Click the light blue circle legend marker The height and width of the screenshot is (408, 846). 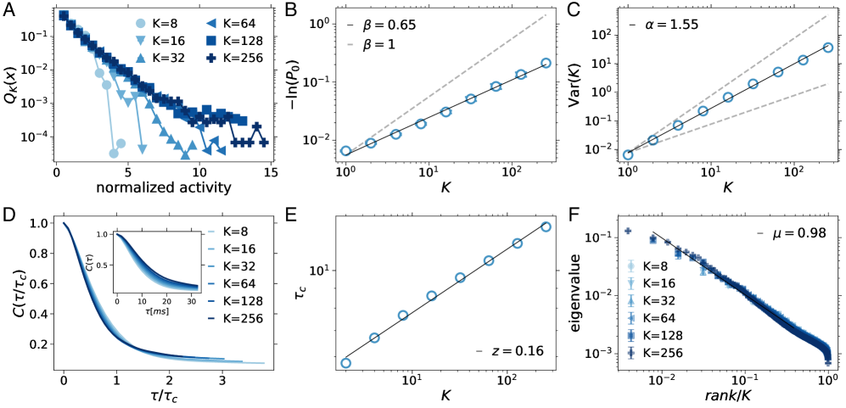point(141,24)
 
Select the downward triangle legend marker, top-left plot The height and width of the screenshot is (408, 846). point(141,41)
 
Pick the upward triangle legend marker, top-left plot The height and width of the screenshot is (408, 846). point(141,58)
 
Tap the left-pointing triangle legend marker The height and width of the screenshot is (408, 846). point(210,24)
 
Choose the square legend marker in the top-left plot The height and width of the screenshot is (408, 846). point(210,41)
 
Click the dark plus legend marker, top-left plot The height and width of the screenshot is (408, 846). point(210,58)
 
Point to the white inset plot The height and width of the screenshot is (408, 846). point(157,262)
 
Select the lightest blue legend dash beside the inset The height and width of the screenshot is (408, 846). point(210,232)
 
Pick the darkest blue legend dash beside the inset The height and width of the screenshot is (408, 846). point(210,319)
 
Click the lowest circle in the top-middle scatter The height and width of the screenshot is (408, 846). point(345,151)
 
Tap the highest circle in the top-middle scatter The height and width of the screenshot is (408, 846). point(546,63)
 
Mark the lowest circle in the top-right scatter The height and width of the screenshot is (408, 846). point(628,155)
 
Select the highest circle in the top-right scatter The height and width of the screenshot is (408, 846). point(828,48)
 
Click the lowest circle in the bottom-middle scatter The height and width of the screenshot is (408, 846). point(345,363)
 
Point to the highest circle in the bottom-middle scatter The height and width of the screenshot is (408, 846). point(546,226)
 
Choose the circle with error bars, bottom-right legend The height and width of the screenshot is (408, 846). point(630,265)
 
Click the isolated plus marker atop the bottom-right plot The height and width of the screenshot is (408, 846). point(628,231)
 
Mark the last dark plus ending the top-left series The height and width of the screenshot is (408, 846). point(264,143)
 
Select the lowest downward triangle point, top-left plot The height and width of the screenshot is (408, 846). point(143,149)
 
